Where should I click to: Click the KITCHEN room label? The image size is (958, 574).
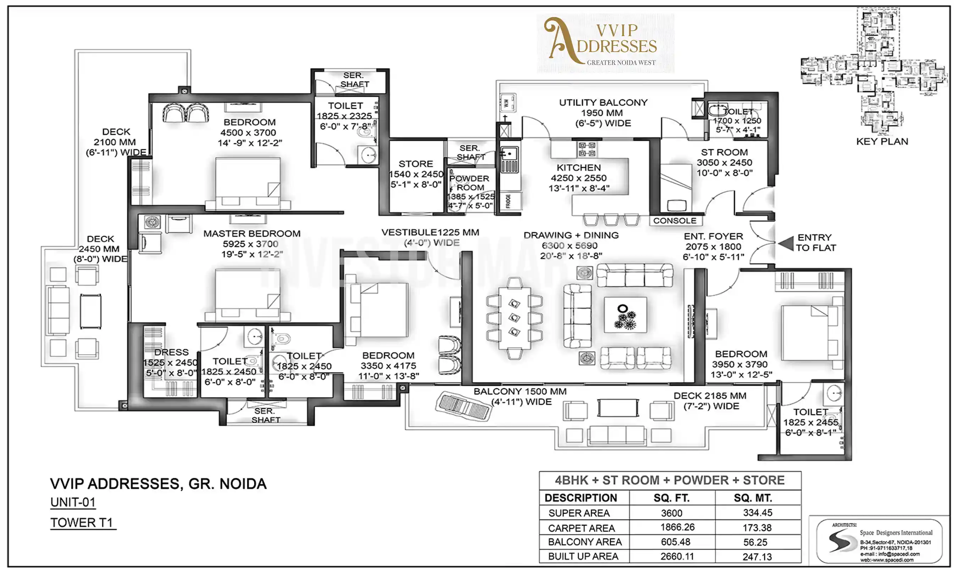[x=578, y=168]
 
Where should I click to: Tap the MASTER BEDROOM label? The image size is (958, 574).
[x=252, y=233]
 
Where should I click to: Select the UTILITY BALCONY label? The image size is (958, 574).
[x=603, y=102]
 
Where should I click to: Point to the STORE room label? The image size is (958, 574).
[x=415, y=164]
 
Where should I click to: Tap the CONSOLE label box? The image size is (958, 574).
[x=675, y=221]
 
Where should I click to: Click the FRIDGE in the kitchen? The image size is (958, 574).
[x=508, y=201]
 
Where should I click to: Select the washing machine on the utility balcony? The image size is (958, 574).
[x=507, y=103]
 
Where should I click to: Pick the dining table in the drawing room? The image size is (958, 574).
[x=514, y=318]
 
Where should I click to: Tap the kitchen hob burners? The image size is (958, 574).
[x=587, y=149]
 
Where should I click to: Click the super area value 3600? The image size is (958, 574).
[x=671, y=513]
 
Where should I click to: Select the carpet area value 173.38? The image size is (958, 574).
[x=757, y=528]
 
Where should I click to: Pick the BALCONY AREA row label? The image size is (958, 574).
[x=584, y=542]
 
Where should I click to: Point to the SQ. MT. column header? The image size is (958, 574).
[x=752, y=498]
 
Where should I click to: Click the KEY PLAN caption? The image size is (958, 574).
[x=882, y=142]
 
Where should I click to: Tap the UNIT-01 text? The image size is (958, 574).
[x=73, y=502]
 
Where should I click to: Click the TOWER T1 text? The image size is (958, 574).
[x=82, y=523]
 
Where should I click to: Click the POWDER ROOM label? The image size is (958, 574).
[x=470, y=183]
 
